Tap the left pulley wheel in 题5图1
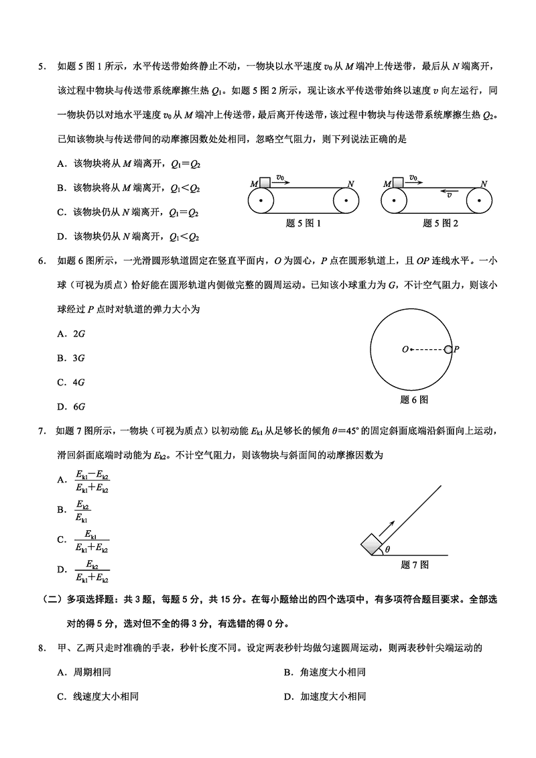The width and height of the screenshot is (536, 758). point(261,200)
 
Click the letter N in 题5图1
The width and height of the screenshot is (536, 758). point(350,183)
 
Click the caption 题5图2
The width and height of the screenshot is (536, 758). point(440,223)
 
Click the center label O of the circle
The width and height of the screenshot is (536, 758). point(405,349)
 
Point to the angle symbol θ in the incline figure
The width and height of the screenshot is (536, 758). point(387,550)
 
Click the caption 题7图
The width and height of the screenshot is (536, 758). point(415,565)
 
